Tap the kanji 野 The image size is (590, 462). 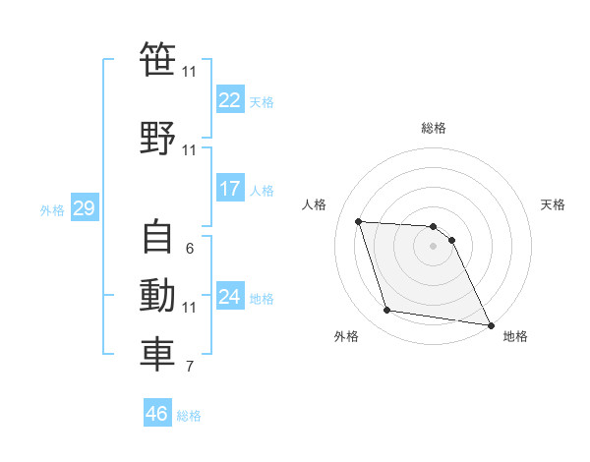[x=157, y=138]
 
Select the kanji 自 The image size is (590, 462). [x=157, y=237]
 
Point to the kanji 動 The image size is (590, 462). [x=157, y=296]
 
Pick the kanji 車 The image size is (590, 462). [x=157, y=356]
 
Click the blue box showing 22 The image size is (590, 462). [x=230, y=99]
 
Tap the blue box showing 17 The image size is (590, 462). [x=230, y=189]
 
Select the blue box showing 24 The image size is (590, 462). [x=230, y=297]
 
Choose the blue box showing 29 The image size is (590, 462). [x=84, y=208]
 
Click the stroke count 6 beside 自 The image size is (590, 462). [x=190, y=249]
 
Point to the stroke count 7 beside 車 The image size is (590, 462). [x=190, y=368]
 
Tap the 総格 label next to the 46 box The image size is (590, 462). [x=189, y=416]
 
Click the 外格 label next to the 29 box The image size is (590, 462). [x=52, y=210]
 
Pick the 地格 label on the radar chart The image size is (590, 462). [x=515, y=336]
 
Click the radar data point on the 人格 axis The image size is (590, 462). [x=359, y=221]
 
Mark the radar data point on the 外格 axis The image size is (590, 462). [x=387, y=311]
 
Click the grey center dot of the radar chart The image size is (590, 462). [x=433, y=246]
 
